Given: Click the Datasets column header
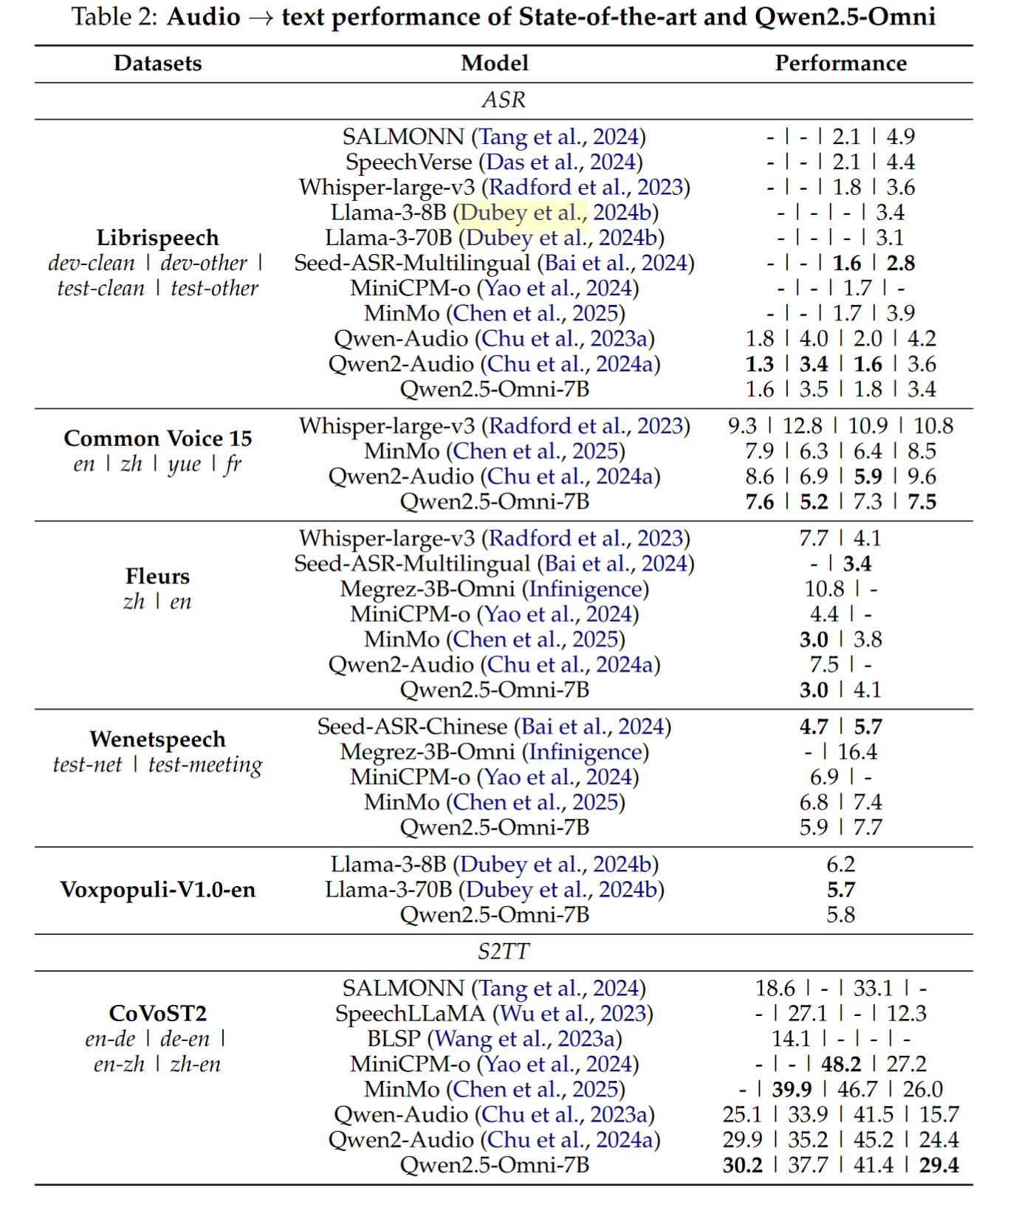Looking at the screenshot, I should click(x=157, y=64).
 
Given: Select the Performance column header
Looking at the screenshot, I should click(x=840, y=64).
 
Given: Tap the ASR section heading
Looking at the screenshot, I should click(x=504, y=100).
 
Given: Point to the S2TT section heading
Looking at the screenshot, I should click(x=504, y=951).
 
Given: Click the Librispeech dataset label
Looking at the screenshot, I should click(x=157, y=238).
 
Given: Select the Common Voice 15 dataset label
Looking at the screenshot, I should click(x=157, y=439).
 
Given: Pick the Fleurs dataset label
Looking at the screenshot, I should click(x=157, y=577).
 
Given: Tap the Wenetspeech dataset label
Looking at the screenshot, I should click(x=157, y=739).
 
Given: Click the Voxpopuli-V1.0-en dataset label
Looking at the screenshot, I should click(x=157, y=890).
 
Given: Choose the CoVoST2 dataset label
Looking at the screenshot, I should click(x=157, y=1013).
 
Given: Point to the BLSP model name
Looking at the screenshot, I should click(x=394, y=1039).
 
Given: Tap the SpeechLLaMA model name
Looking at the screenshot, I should click(x=410, y=1014).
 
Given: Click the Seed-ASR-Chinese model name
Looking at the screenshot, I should click(x=412, y=727).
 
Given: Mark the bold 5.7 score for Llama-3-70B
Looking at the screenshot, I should click(x=841, y=890).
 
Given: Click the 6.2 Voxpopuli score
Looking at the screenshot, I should click(x=841, y=865).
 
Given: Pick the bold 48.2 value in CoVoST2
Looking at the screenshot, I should click(x=841, y=1064).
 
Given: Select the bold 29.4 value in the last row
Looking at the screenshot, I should click(x=938, y=1165).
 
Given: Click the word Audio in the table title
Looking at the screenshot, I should click(x=204, y=16).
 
